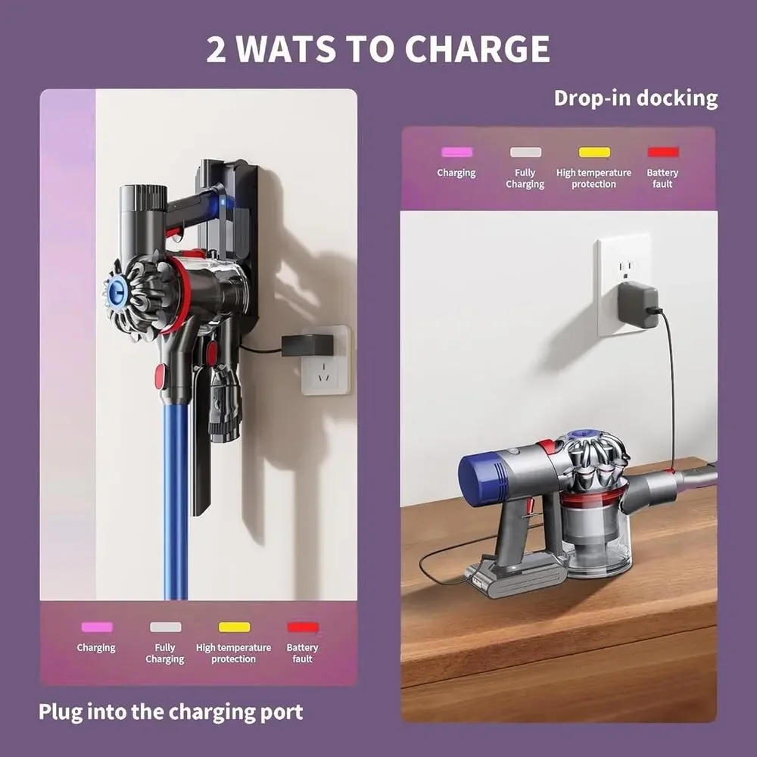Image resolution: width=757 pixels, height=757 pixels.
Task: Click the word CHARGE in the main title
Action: point(477,48)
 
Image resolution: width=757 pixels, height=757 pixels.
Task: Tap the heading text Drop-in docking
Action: point(635,98)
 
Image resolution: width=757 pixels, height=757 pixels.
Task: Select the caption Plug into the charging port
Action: point(170,712)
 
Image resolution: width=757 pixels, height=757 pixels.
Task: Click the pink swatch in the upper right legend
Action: point(456,152)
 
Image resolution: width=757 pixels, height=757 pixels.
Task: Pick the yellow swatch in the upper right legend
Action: point(594,152)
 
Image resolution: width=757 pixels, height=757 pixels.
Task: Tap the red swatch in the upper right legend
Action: point(663,152)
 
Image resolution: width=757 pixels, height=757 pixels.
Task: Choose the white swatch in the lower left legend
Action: point(165,627)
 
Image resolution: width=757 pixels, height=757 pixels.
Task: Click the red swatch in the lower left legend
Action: point(303,627)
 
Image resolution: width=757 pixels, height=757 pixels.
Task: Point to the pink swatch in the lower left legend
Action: point(97,627)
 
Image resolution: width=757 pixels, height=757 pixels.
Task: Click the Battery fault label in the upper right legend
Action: point(662,178)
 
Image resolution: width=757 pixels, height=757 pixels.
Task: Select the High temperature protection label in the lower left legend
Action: point(233,653)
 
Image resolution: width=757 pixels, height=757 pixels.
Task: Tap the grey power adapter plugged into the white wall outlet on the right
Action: point(637,306)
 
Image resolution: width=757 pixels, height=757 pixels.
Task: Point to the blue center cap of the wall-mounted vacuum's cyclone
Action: point(117,292)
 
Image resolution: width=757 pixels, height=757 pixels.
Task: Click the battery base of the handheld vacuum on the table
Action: point(516,575)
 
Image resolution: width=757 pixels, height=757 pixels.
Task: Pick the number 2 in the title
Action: point(217,49)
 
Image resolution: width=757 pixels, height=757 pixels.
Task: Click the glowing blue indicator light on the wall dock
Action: point(223,202)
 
